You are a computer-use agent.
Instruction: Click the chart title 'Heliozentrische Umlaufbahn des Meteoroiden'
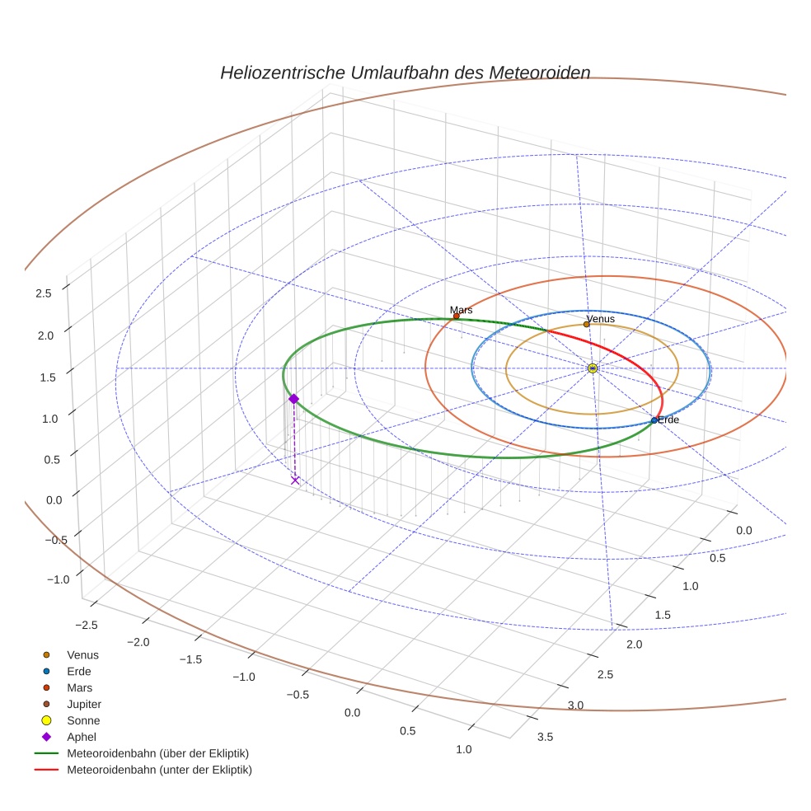pos(405,73)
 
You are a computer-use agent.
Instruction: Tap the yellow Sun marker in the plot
pos(593,368)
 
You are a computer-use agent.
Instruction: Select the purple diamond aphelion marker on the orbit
pos(293,399)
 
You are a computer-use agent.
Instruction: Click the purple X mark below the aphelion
pos(295,480)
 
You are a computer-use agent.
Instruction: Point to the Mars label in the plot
pos(461,310)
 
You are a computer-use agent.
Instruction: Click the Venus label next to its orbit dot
pos(600,318)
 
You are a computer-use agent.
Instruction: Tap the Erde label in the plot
pos(668,420)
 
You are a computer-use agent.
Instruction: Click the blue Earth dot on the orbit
pos(654,420)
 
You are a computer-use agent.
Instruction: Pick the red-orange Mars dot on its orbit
pos(457,316)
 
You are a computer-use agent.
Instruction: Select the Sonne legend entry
pos(83,720)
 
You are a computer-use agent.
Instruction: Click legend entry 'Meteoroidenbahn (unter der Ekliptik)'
pos(159,770)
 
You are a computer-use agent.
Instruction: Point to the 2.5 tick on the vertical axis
pos(43,293)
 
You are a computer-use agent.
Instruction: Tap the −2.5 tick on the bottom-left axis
pos(87,624)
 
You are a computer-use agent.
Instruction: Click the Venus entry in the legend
pos(82,654)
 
